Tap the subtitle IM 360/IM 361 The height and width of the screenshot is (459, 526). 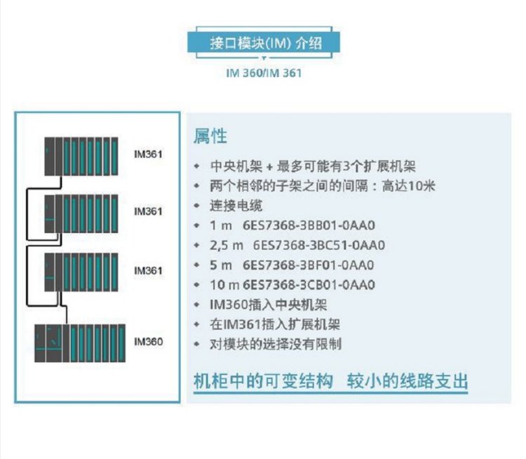[264, 72]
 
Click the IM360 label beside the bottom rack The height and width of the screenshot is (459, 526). [148, 342]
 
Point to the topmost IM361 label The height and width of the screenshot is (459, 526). [148, 152]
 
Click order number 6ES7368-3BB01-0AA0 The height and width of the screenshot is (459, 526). [309, 226]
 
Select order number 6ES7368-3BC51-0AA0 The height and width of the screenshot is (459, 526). [318, 246]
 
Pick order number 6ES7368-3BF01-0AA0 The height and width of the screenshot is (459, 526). [309, 265]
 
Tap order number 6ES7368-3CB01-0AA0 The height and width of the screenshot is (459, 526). [309, 285]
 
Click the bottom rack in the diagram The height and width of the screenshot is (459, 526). [81, 342]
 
